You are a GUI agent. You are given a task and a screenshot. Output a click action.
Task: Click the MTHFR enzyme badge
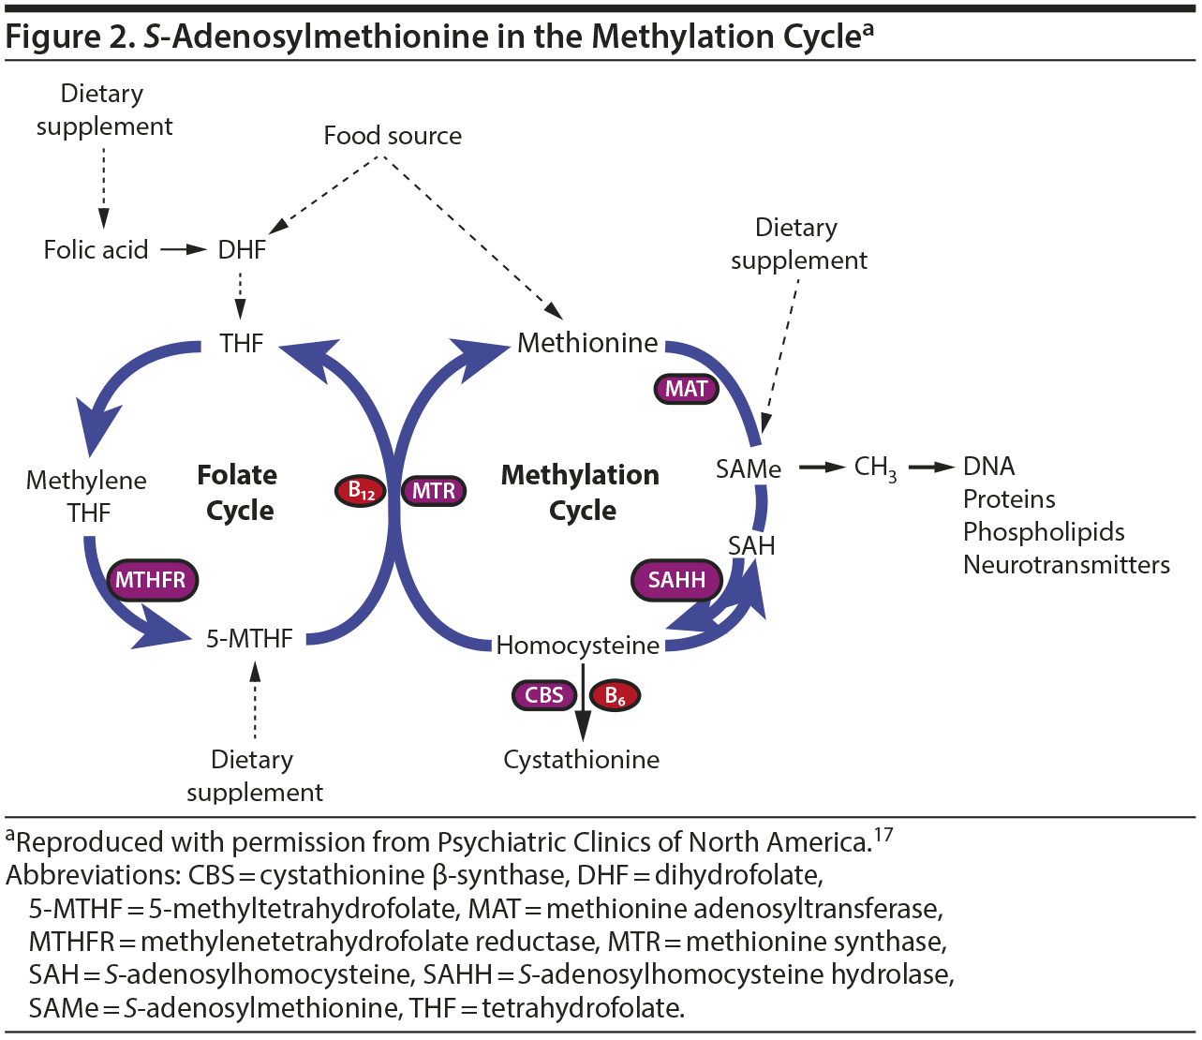tap(151, 580)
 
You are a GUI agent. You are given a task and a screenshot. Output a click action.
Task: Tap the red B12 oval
tap(362, 490)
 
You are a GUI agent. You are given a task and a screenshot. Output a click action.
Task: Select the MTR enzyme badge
tap(434, 490)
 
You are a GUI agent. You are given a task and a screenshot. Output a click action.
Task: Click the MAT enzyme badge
tap(686, 389)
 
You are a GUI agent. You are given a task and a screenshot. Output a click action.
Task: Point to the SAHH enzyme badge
tap(676, 580)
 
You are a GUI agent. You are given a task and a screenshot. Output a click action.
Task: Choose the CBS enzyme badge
tap(543, 695)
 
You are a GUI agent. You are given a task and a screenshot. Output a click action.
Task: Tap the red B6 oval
tap(616, 695)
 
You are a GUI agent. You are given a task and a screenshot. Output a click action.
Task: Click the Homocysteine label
tap(577, 646)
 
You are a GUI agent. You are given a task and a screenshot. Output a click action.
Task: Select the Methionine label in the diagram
tap(587, 343)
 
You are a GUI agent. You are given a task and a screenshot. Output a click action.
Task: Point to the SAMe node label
tap(748, 468)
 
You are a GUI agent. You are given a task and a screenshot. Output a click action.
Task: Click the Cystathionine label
tap(581, 760)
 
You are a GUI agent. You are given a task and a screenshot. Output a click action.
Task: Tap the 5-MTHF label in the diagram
tap(249, 639)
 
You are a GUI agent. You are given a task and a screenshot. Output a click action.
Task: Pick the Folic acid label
tap(96, 250)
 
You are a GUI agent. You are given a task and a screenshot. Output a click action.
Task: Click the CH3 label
tap(875, 468)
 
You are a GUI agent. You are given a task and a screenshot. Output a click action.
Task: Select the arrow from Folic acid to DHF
tap(183, 250)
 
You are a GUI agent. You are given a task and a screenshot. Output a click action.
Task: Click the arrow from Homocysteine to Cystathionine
tap(583, 703)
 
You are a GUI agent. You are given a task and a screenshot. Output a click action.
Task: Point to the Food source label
tap(393, 136)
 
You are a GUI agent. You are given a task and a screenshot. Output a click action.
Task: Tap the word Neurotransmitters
tap(1066, 565)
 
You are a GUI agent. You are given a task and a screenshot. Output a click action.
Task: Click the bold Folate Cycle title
tap(238, 493)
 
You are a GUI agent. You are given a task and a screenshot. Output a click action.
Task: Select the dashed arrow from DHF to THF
tap(241, 295)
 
